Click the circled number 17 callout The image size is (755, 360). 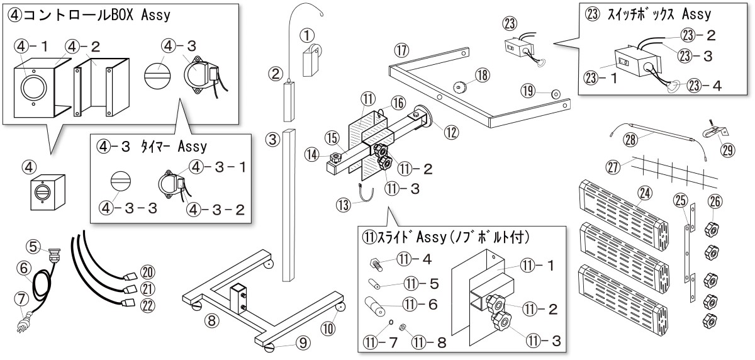(402, 49)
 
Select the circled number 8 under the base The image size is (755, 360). (213, 320)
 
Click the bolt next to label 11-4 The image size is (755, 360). (376, 260)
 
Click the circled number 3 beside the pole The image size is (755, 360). (272, 140)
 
